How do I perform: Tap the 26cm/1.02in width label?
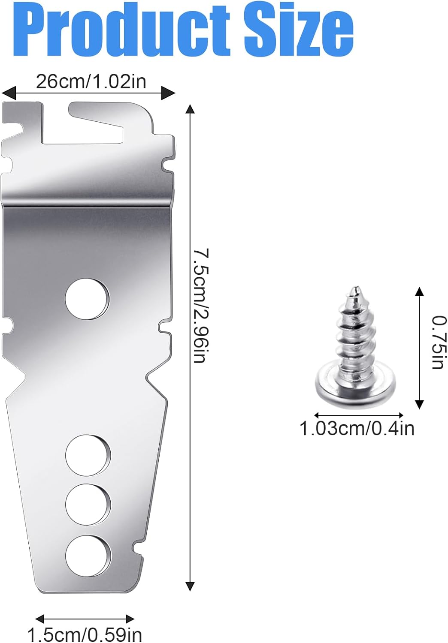(x=91, y=82)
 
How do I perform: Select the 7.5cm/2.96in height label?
(x=200, y=305)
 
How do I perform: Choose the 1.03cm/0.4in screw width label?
(x=357, y=429)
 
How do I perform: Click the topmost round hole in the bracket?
(x=87, y=299)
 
